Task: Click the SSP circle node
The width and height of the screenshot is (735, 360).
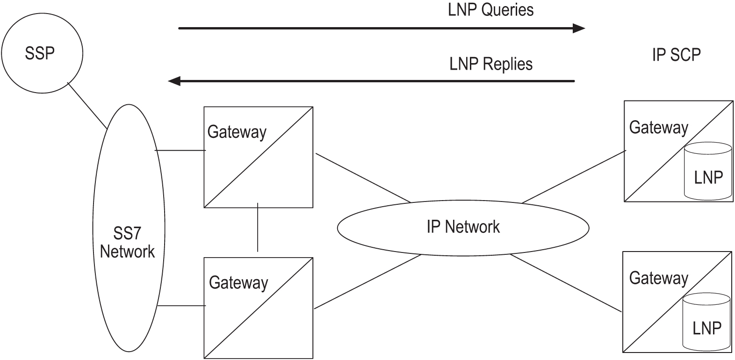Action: (42, 53)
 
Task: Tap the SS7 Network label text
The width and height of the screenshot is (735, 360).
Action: (127, 242)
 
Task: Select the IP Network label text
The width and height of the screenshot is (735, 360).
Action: (463, 227)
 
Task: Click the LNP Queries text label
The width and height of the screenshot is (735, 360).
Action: (490, 10)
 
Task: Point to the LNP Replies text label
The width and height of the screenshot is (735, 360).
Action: (491, 64)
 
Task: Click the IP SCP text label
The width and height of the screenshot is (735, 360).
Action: (676, 55)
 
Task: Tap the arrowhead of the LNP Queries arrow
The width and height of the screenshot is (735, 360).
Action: (579, 29)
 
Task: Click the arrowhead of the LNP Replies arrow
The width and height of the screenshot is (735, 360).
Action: (174, 81)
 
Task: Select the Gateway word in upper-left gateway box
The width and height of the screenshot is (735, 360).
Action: (237, 132)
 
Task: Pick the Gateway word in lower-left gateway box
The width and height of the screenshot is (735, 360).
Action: (238, 282)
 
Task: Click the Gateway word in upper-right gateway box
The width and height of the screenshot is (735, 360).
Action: (658, 127)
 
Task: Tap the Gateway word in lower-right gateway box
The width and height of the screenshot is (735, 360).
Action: (658, 278)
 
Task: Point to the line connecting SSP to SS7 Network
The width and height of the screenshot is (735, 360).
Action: (87, 106)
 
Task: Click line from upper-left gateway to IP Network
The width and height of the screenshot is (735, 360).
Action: (363, 178)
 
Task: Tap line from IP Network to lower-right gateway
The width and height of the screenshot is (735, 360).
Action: (566, 284)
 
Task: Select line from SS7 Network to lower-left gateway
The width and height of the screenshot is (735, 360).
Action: (182, 306)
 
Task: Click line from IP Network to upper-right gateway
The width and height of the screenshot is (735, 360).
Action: (574, 177)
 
